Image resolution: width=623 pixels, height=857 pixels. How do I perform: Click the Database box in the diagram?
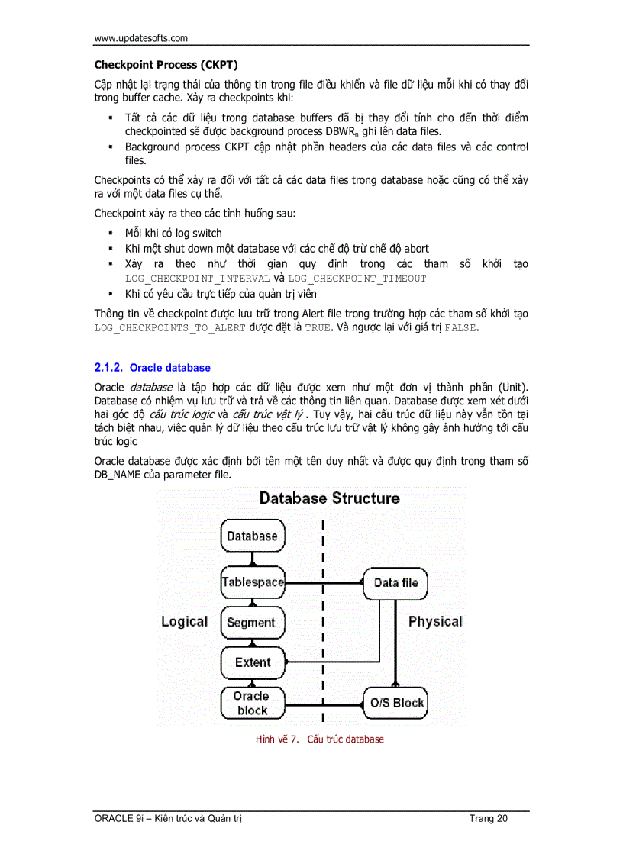[252, 536]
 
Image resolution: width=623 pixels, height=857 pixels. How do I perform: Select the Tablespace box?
[252, 582]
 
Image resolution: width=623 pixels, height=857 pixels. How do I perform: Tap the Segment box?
[251, 622]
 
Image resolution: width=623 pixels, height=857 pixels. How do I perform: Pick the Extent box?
[253, 662]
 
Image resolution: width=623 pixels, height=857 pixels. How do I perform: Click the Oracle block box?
[252, 703]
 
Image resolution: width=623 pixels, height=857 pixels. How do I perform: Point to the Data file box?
[395, 582]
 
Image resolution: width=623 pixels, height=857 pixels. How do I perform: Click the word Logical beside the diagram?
[184, 621]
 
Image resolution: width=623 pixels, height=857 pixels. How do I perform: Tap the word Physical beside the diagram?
[435, 621]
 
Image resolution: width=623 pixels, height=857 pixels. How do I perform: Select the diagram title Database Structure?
[329, 498]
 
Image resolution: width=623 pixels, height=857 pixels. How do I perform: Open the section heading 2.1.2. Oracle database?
[152, 368]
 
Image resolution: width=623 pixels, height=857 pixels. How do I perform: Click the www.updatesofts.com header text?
[140, 38]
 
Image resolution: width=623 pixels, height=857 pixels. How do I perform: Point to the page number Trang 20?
[489, 819]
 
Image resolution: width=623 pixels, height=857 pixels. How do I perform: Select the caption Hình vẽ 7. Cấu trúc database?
[320, 739]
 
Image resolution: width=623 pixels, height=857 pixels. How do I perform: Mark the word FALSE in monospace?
[460, 328]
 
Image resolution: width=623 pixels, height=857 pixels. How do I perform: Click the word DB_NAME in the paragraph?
[118, 475]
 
